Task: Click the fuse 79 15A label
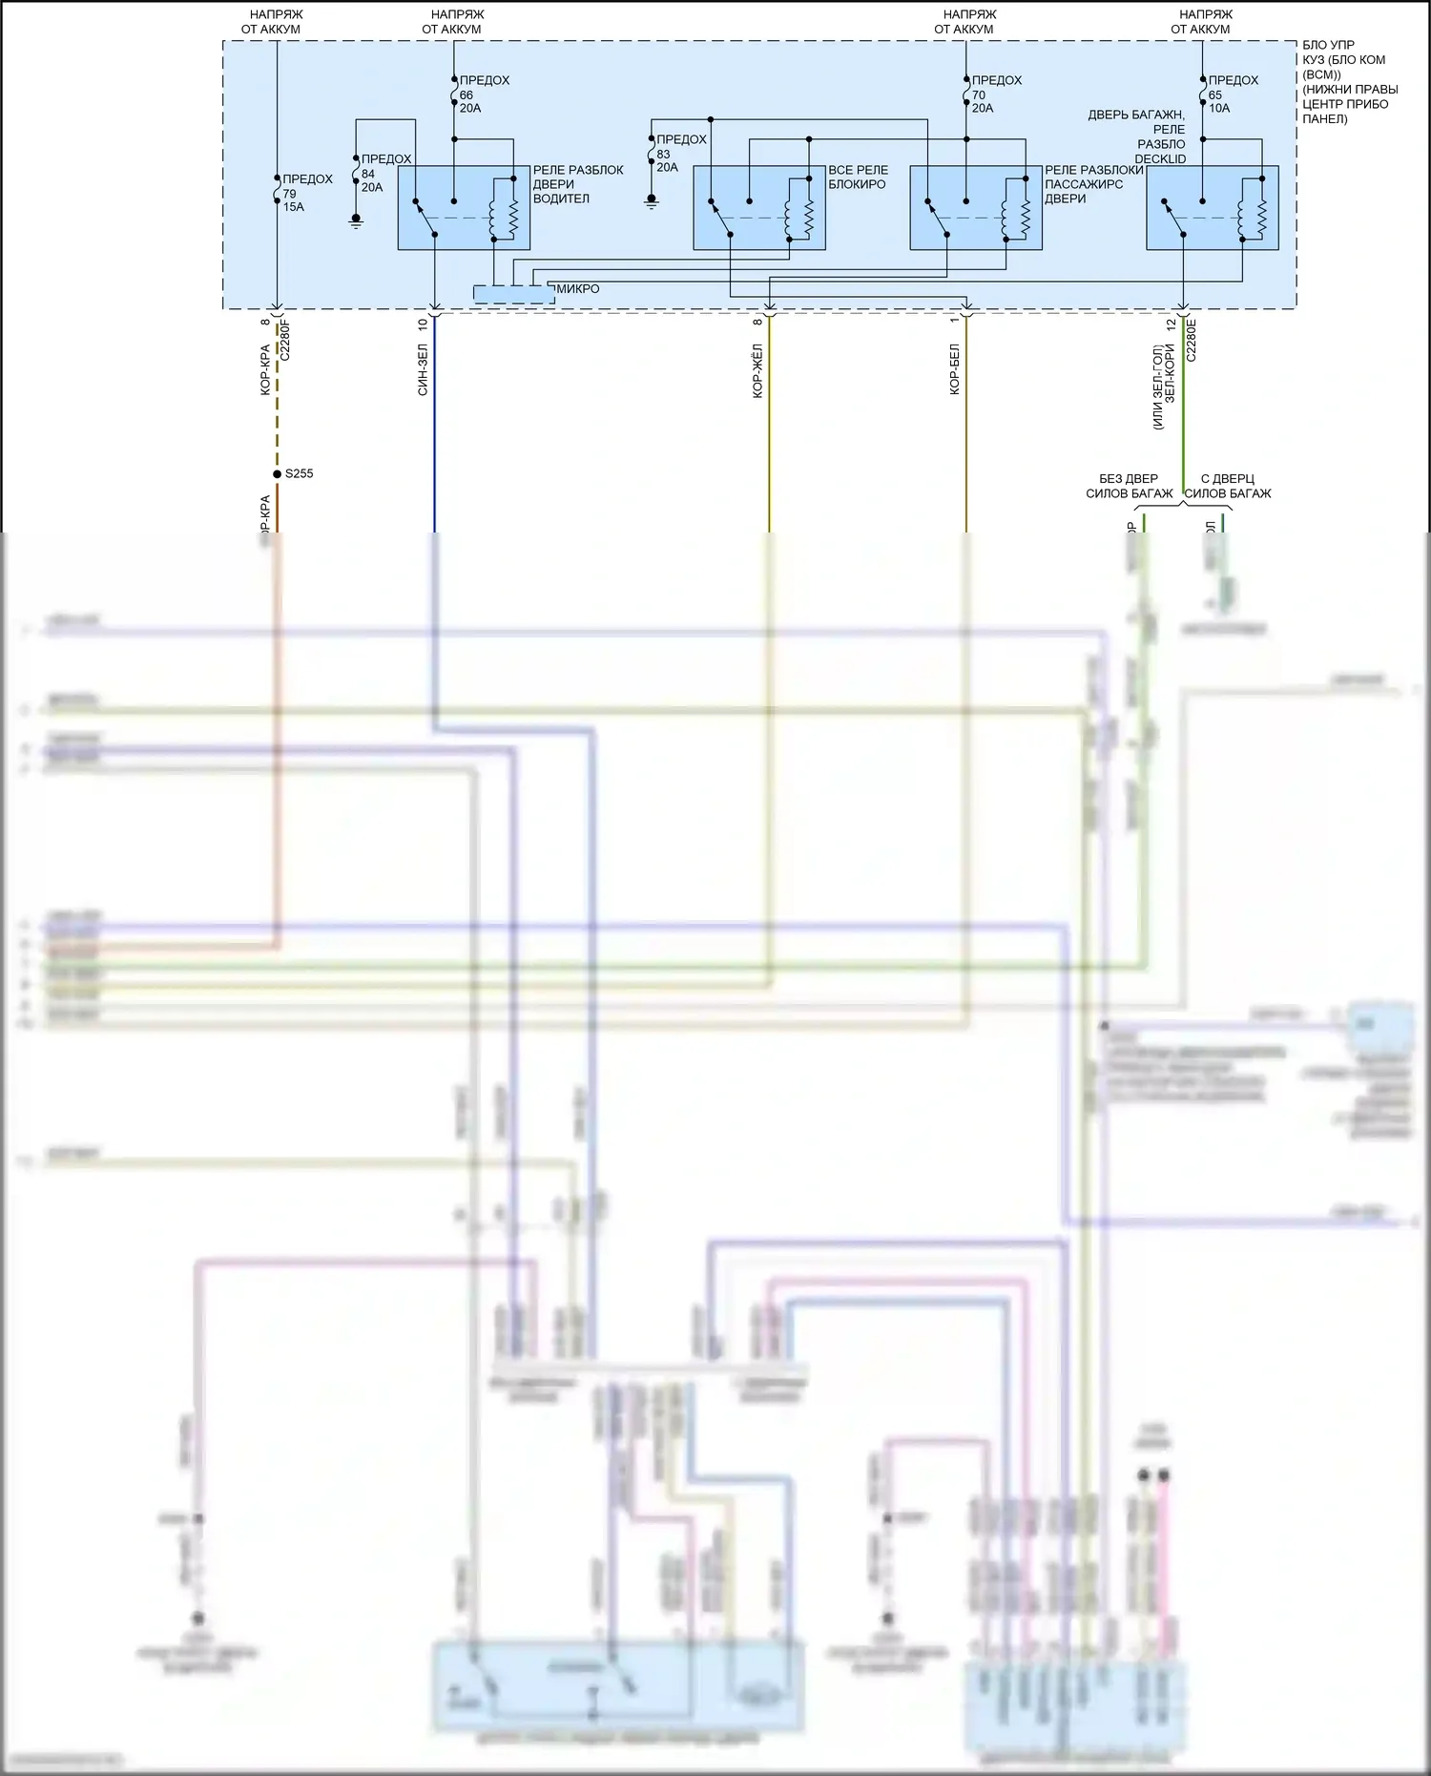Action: [x=306, y=193]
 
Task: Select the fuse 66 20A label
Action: [x=483, y=94]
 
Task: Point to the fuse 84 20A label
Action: [x=384, y=173]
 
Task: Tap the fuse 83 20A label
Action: [x=680, y=154]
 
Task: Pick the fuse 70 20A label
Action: [x=995, y=94]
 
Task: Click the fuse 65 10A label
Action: [x=1232, y=94]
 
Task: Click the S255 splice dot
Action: [x=277, y=473]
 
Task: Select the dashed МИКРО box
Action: [x=514, y=294]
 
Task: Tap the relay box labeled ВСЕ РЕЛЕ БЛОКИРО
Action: [x=758, y=208]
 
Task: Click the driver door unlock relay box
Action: [x=464, y=208]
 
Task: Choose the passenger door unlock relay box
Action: [x=975, y=208]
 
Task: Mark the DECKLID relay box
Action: [x=1212, y=208]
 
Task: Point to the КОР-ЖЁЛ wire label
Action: [x=757, y=371]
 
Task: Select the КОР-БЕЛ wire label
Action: [x=955, y=369]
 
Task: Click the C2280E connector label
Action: [x=1191, y=339]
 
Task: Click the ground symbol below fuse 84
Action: [x=356, y=221]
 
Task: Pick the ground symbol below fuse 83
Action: [x=652, y=202]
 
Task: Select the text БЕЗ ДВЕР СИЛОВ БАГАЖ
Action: [x=1129, y=486]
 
